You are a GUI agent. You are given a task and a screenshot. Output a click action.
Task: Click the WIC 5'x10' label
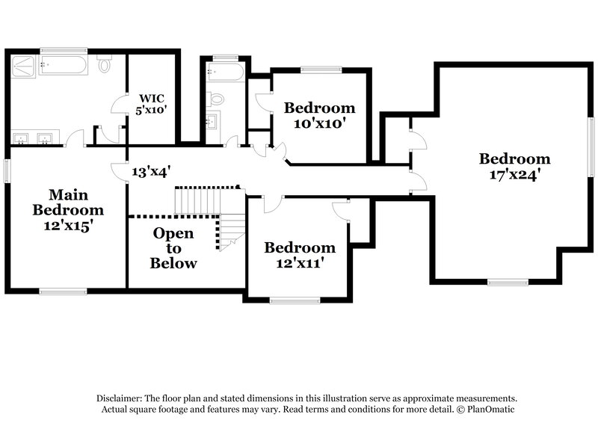coord(151,103)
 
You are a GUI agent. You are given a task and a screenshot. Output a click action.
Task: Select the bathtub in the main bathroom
coord(65,67)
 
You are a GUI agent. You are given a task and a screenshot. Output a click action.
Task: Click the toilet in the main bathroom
coord(105,67)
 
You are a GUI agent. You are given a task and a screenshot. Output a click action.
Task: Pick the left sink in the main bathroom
coord(22,138)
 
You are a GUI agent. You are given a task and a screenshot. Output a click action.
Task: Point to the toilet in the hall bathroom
coord(215,98)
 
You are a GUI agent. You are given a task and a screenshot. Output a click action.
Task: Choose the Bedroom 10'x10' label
coord(319,116)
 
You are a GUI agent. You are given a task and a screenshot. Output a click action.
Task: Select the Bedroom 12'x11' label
coord(300,255)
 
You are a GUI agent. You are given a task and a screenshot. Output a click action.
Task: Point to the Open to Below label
coord(173,248)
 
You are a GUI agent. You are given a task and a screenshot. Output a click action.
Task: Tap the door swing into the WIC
coord(120,106)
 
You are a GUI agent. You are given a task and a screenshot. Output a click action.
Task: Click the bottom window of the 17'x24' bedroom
coord(508,283)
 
